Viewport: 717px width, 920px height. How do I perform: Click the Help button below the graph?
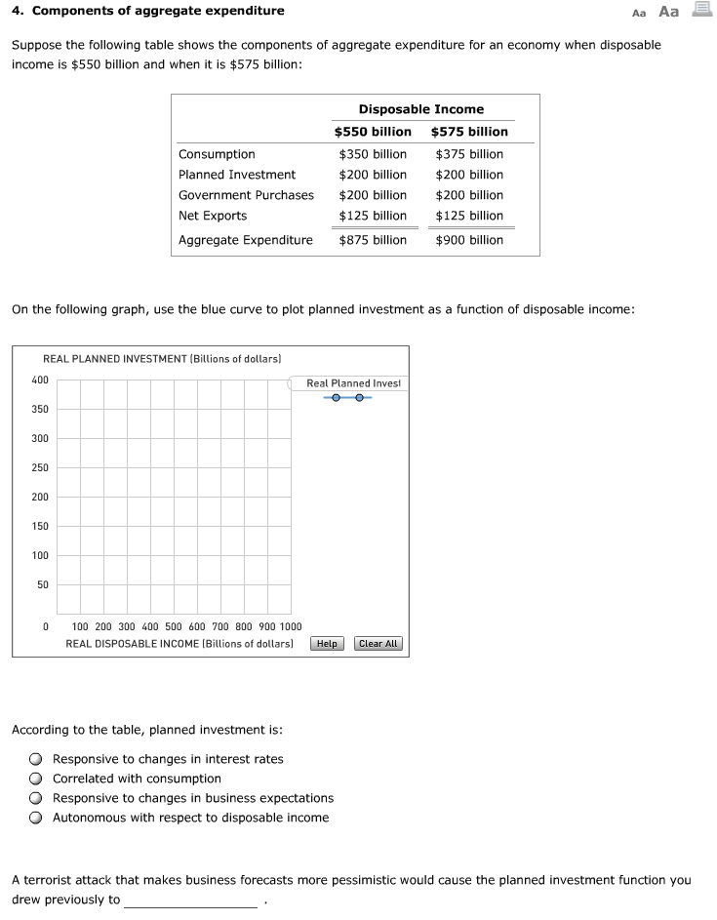pos(327,644)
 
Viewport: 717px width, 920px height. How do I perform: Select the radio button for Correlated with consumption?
pos(35,779)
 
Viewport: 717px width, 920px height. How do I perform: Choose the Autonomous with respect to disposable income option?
pos(35,818)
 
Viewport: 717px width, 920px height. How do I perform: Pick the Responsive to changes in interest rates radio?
pos(35,759)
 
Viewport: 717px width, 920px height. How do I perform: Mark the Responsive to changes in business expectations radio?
pos(35,798)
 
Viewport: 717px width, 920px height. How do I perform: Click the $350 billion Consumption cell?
pos(373,154)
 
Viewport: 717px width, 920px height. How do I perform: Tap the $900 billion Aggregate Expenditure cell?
pos(469,240)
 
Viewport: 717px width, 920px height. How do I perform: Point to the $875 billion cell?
pos(373,240)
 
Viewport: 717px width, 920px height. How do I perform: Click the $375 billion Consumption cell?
pos(469,154)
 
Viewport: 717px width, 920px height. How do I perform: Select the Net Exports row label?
pos(213,216)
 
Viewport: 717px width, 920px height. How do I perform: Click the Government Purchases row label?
pos(246,195)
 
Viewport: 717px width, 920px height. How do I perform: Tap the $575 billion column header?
pos(469,132)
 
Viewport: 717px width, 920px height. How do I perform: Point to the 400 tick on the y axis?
pos(40,380)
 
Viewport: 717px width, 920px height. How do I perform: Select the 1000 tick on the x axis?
pos(291,626)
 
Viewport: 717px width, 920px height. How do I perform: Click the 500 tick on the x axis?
pos(175,626)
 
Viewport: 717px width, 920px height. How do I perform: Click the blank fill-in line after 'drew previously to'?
pos(191,900)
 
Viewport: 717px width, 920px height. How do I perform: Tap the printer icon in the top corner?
pos(701,12)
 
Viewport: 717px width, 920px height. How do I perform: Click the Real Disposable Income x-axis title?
pos(179,644)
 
